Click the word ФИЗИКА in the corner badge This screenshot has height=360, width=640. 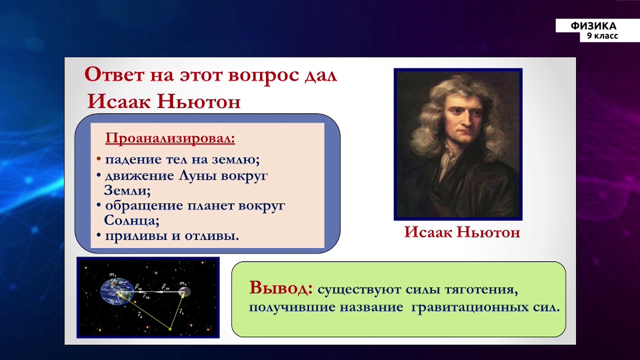(594, 26)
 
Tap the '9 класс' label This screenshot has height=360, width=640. (602, 36)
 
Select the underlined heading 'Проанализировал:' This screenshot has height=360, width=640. (170, 138)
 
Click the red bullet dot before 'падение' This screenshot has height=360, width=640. (98, 159)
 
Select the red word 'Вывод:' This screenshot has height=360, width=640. (281, 288)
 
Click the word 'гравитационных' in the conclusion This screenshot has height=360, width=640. (467, 307)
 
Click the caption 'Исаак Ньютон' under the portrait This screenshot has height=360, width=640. (462, 232)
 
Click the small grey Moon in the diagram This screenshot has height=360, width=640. (184, 291)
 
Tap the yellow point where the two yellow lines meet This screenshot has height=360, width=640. (170, 329)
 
